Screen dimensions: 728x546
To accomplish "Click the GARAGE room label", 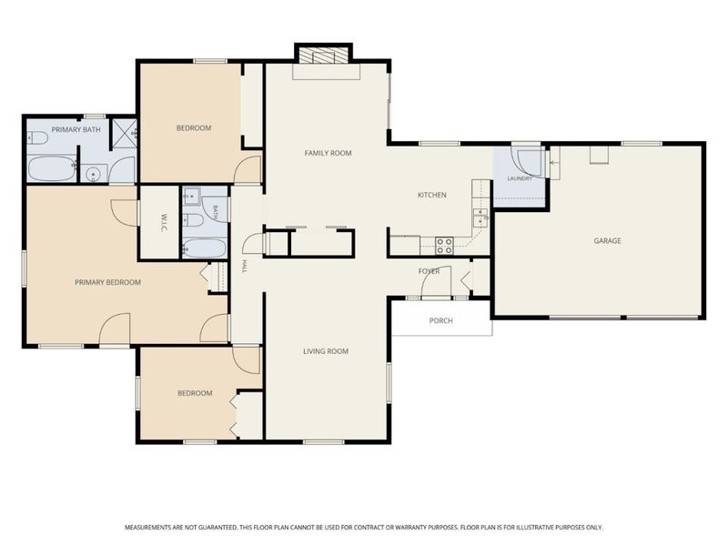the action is pos(607,240).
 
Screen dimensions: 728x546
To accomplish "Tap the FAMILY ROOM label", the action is pos(328,153).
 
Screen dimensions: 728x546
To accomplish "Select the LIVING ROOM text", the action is pos(326,351).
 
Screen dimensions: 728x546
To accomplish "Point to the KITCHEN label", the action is pos(431,195).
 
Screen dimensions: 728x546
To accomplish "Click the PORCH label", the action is pos(440,320).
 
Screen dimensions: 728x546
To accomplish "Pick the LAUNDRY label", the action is pos(520,178).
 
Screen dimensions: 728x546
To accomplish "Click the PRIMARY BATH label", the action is pos(76,129).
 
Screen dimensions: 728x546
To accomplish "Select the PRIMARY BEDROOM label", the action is pos(107,282).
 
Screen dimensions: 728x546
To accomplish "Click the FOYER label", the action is pos(429,271).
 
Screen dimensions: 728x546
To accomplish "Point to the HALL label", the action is pos(244,266).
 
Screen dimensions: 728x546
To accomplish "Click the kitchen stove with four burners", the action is pos(444,246).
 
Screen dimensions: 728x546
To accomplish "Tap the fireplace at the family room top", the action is pos(324,55).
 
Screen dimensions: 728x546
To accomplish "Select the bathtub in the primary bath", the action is pos(52,169).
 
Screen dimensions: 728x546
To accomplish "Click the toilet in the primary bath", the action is pos(38,138).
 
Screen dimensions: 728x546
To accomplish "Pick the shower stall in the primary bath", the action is pos(125,135).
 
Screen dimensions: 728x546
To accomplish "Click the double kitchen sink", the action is pos(480,218).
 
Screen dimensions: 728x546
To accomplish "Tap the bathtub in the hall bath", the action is pos(205,248).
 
